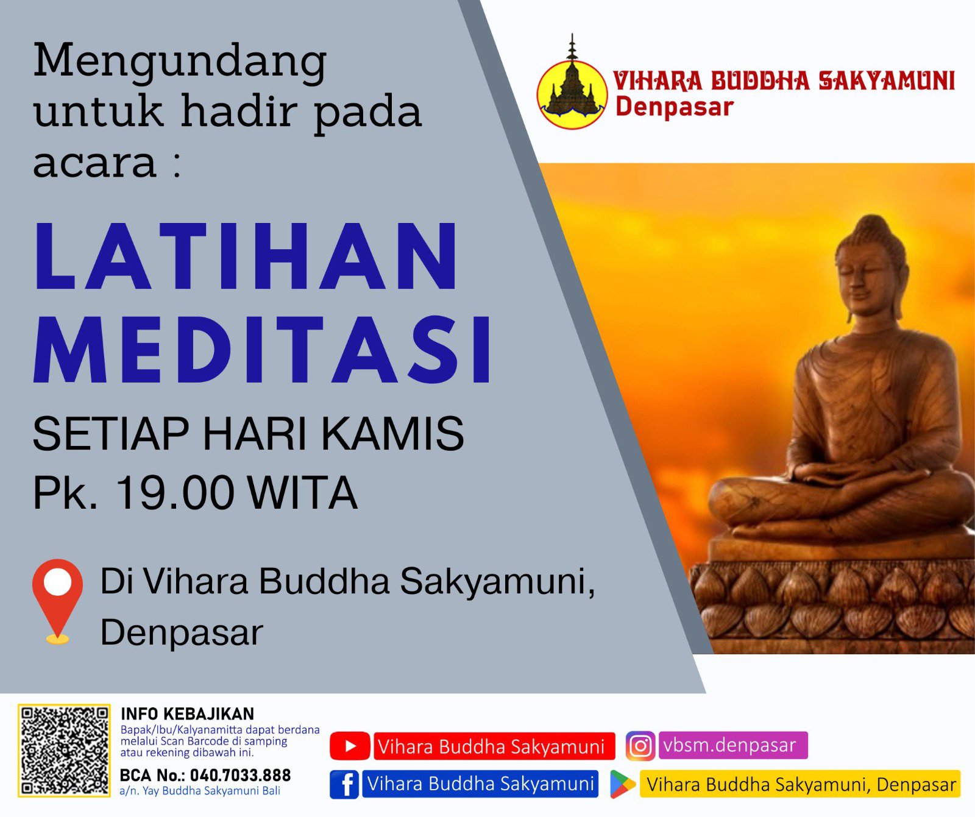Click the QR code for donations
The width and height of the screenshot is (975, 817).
[x=64, y=750]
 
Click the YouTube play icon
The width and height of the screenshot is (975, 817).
[x=350, y=746]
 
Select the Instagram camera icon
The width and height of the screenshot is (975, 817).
[x=640, y=746]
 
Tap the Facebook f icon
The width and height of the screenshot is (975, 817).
[x=344, y=784]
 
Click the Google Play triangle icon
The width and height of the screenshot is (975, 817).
[x=622, y=784]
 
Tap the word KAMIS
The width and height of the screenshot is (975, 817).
[x=392, y=434]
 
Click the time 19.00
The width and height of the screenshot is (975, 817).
[x=175, y=492]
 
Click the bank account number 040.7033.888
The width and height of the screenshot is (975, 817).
[x=240, y=775]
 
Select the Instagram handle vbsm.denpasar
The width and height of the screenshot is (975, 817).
[x=730, y=745]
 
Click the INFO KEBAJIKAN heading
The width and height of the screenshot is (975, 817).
[x=187, y=713]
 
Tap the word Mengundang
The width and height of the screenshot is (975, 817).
[x=180, y=61]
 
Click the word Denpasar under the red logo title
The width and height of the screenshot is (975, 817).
[x=674, y=107]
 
